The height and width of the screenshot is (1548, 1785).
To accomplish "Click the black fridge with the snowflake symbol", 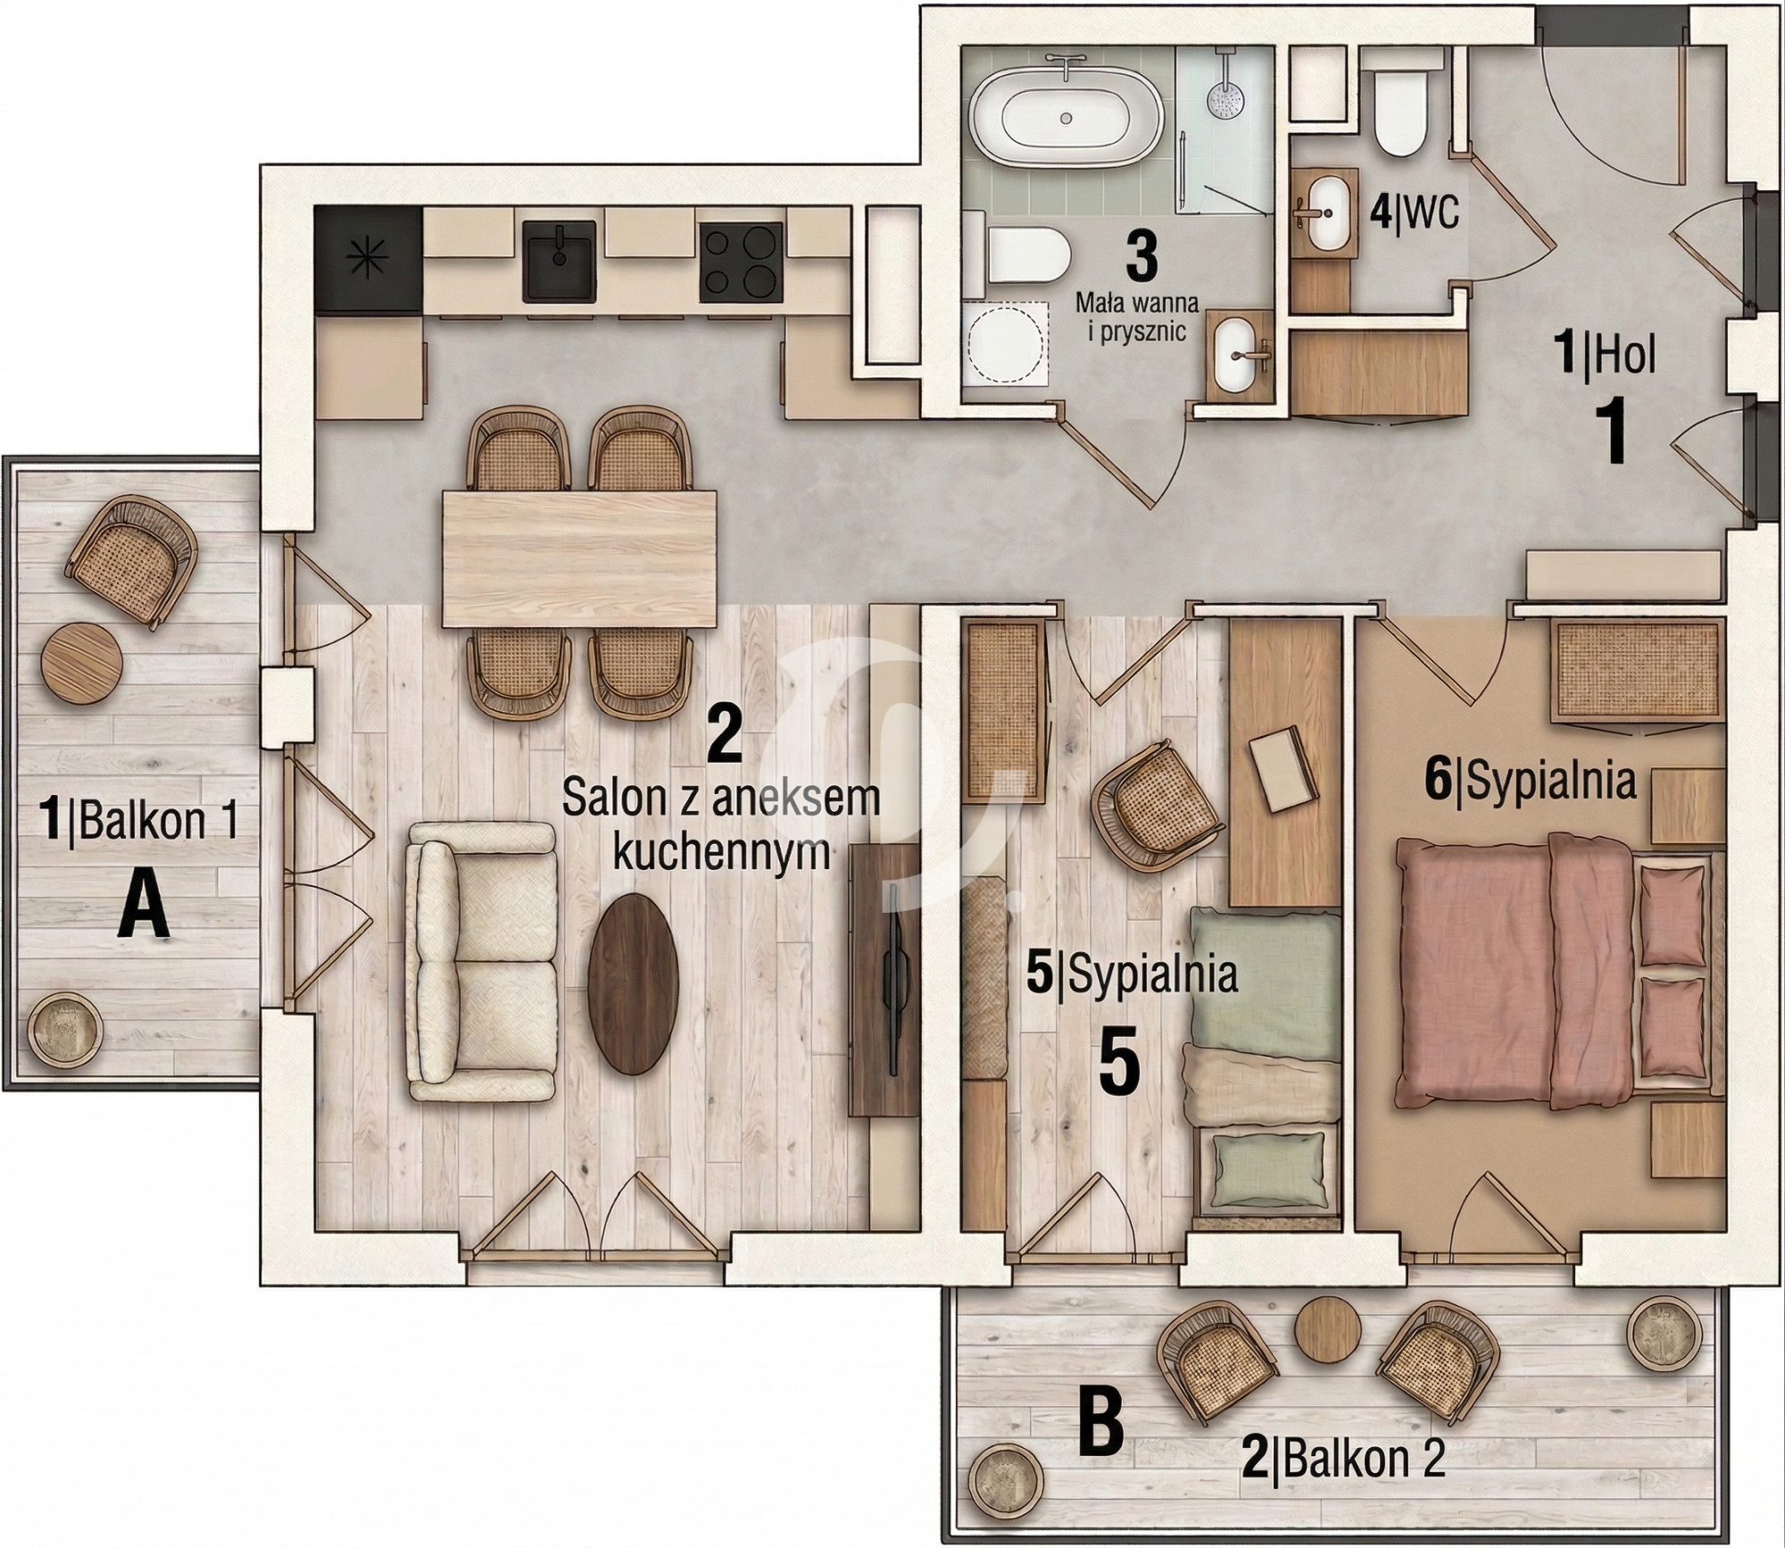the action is [369, 259].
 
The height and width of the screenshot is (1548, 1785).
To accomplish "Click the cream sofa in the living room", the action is [480, 961].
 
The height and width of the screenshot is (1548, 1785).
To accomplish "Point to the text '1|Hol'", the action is [1605, 357].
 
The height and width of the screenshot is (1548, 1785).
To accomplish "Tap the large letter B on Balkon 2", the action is [1101, 1426].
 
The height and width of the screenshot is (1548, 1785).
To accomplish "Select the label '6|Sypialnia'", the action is [1531, 782].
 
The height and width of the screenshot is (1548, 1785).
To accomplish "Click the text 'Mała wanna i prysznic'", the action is [1131, 318].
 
